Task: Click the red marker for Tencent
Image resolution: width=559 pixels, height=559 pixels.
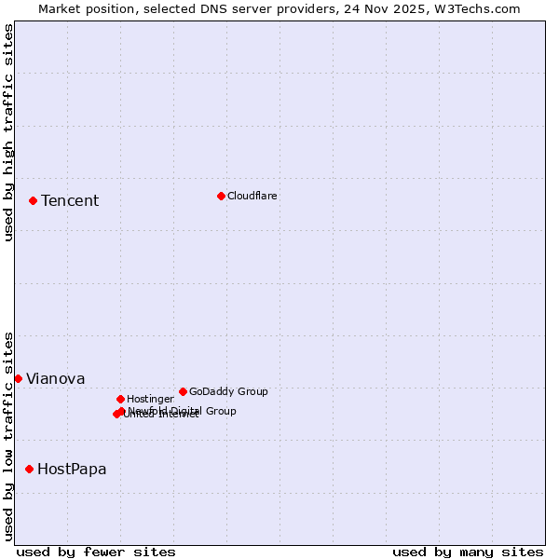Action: [x=33, y=200]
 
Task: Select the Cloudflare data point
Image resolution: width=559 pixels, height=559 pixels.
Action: [x=221, y=196]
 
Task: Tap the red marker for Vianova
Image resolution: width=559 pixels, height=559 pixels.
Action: [x=18, y=378]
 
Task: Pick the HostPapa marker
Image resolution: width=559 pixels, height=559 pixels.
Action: [x=29, y=469]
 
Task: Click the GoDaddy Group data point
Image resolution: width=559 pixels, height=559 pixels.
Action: [x=183, y=391]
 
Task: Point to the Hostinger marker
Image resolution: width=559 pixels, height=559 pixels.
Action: [x=120, y=399]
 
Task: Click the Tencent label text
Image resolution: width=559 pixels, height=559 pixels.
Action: [x=70, y=201]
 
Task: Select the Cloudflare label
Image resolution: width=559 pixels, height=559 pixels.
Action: [x=252, y=196]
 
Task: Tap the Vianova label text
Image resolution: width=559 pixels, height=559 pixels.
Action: [x=56, y=379]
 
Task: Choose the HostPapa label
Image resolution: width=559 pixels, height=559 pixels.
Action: [x=72, y=470]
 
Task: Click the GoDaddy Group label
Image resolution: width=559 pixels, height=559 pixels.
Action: [x=228, y=391]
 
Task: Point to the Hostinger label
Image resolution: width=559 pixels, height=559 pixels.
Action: [x=150, y=399]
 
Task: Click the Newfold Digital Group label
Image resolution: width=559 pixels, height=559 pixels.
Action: [x=183, y=411]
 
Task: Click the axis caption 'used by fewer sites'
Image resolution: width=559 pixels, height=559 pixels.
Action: [x=96, y=552]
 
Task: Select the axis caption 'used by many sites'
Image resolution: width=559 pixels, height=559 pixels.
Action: [x=468, y=552]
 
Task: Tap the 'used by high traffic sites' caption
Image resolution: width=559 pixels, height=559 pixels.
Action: [x=8, y=133]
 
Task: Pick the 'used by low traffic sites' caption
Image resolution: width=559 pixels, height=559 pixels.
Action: [x=8, y=436]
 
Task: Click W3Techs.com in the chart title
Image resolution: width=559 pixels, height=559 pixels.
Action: [x=476, y=9]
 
